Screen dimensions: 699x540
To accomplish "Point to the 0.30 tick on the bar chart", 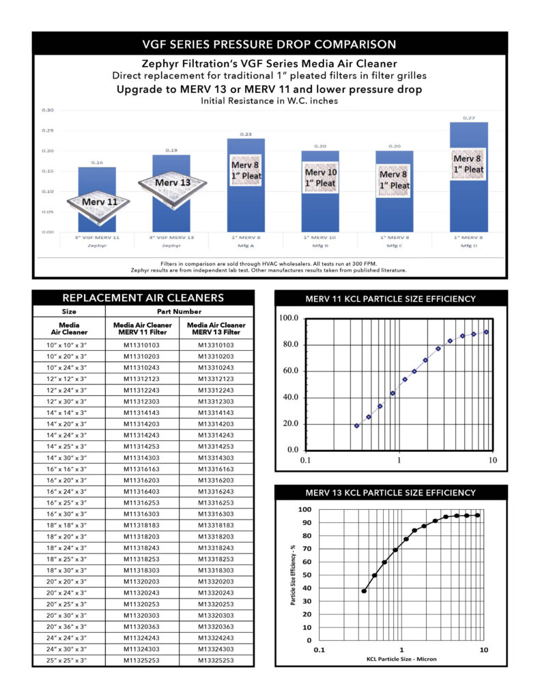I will click(48, 110).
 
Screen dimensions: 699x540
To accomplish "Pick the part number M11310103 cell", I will click(143, 345).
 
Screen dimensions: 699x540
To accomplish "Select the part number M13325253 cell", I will click(216, 660).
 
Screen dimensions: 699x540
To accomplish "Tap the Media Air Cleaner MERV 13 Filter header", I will click(216, 328).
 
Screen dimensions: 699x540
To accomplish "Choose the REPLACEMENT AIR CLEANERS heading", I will click(143, 298).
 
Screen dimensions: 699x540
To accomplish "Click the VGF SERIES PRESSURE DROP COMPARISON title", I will click(269, 44).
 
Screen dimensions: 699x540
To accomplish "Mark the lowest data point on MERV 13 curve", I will click(364, 591).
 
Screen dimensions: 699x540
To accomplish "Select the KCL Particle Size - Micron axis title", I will click(401, 659).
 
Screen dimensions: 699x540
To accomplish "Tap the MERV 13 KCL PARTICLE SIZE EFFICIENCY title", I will click(390, 492).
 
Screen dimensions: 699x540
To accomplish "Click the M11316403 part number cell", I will click(143, 491).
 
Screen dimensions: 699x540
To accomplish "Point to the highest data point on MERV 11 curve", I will click(487, 332).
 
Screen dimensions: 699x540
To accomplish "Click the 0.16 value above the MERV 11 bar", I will click(96, 163).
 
